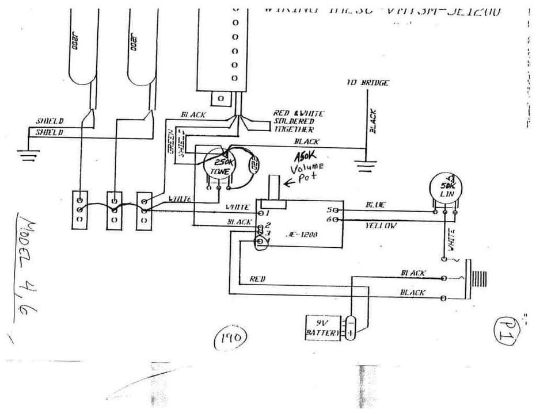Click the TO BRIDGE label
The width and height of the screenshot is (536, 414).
[x=367, y=83]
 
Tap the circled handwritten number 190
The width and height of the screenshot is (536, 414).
[x=230, y=338]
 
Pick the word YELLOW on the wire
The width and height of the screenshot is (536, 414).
[x=381, y=226]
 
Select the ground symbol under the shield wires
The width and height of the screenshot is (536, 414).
[x=25, y=154]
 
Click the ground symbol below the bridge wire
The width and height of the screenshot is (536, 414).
[x=366, y=167]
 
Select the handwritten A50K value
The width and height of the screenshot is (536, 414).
[x=306, y=156]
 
